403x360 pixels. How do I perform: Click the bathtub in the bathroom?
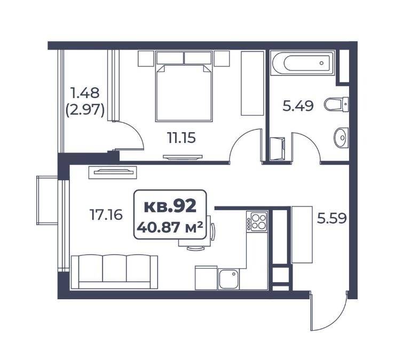(303, 63)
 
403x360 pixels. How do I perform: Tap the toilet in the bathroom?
(336, 105)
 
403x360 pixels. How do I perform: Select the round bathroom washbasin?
(341, 138)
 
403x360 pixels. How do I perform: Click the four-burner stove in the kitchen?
(257, 221)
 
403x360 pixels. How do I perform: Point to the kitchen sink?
(229, 279)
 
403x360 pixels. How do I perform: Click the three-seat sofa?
(114, 272)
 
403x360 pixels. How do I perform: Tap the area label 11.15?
(181, 138)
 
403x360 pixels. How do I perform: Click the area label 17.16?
(106, 214)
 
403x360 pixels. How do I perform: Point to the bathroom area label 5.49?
(298, 106)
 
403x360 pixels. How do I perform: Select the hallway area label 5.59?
(332, 219)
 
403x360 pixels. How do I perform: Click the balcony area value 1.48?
(85, 93)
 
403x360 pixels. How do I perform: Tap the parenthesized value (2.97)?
(85, 111)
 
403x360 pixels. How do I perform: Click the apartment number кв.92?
(170, 206)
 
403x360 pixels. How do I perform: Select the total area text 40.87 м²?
(170, 227)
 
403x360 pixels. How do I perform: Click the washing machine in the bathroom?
(278, 148)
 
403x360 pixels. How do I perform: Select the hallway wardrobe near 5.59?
(302, 235)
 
